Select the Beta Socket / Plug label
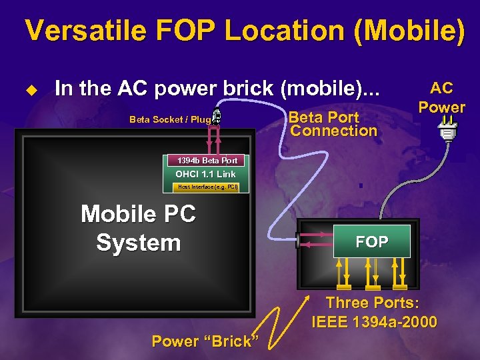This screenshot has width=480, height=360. pyautogui.click(x=170, y=119)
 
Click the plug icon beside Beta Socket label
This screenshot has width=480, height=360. pyautogui.click(x=218, y=118)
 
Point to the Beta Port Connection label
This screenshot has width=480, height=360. pyautogui.click(x=333, y=124)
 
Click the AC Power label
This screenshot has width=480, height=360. pyautogui.click(x=441, y=97)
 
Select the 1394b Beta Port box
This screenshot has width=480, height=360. pyautogui.click(x=207, y=161)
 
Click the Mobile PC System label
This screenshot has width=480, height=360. pyautogui.click(x=138, y=229)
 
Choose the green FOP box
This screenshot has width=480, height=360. pyautogui.click(x=372, y=242)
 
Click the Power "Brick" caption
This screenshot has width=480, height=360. pyautogui.click(x=205, y=341)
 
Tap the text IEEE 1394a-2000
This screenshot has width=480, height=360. pyautogui.click(x=374, y=323)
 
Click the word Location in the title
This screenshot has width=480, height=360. pyautogui.click(x=292, y=32)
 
